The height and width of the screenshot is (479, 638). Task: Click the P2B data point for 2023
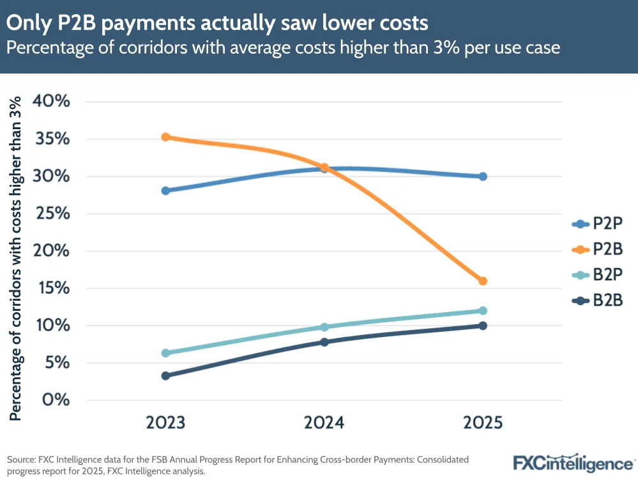tap(165, 137)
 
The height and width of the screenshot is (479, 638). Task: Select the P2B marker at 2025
tap(483, 281)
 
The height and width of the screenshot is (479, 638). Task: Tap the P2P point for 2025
tap(483, 177)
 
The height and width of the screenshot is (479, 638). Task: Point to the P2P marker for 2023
tap(165, 191)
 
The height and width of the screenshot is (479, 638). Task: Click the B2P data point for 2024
tap(324, 327)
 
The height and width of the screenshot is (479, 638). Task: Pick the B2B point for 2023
tap(165, 375)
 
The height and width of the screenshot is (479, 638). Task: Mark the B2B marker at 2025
tap(483, 326)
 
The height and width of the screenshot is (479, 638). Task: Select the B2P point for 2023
tap(165, 353)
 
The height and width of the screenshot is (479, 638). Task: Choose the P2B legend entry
tap(596, 249)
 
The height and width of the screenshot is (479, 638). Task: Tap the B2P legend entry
tap(596, 274)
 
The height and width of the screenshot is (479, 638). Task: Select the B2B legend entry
tap(596, 299)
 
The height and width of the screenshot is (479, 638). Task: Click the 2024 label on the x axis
tap(324, 423)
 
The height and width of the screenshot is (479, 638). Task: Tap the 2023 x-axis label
tap(165, 423)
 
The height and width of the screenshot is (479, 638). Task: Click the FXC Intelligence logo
tap(573, 462)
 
